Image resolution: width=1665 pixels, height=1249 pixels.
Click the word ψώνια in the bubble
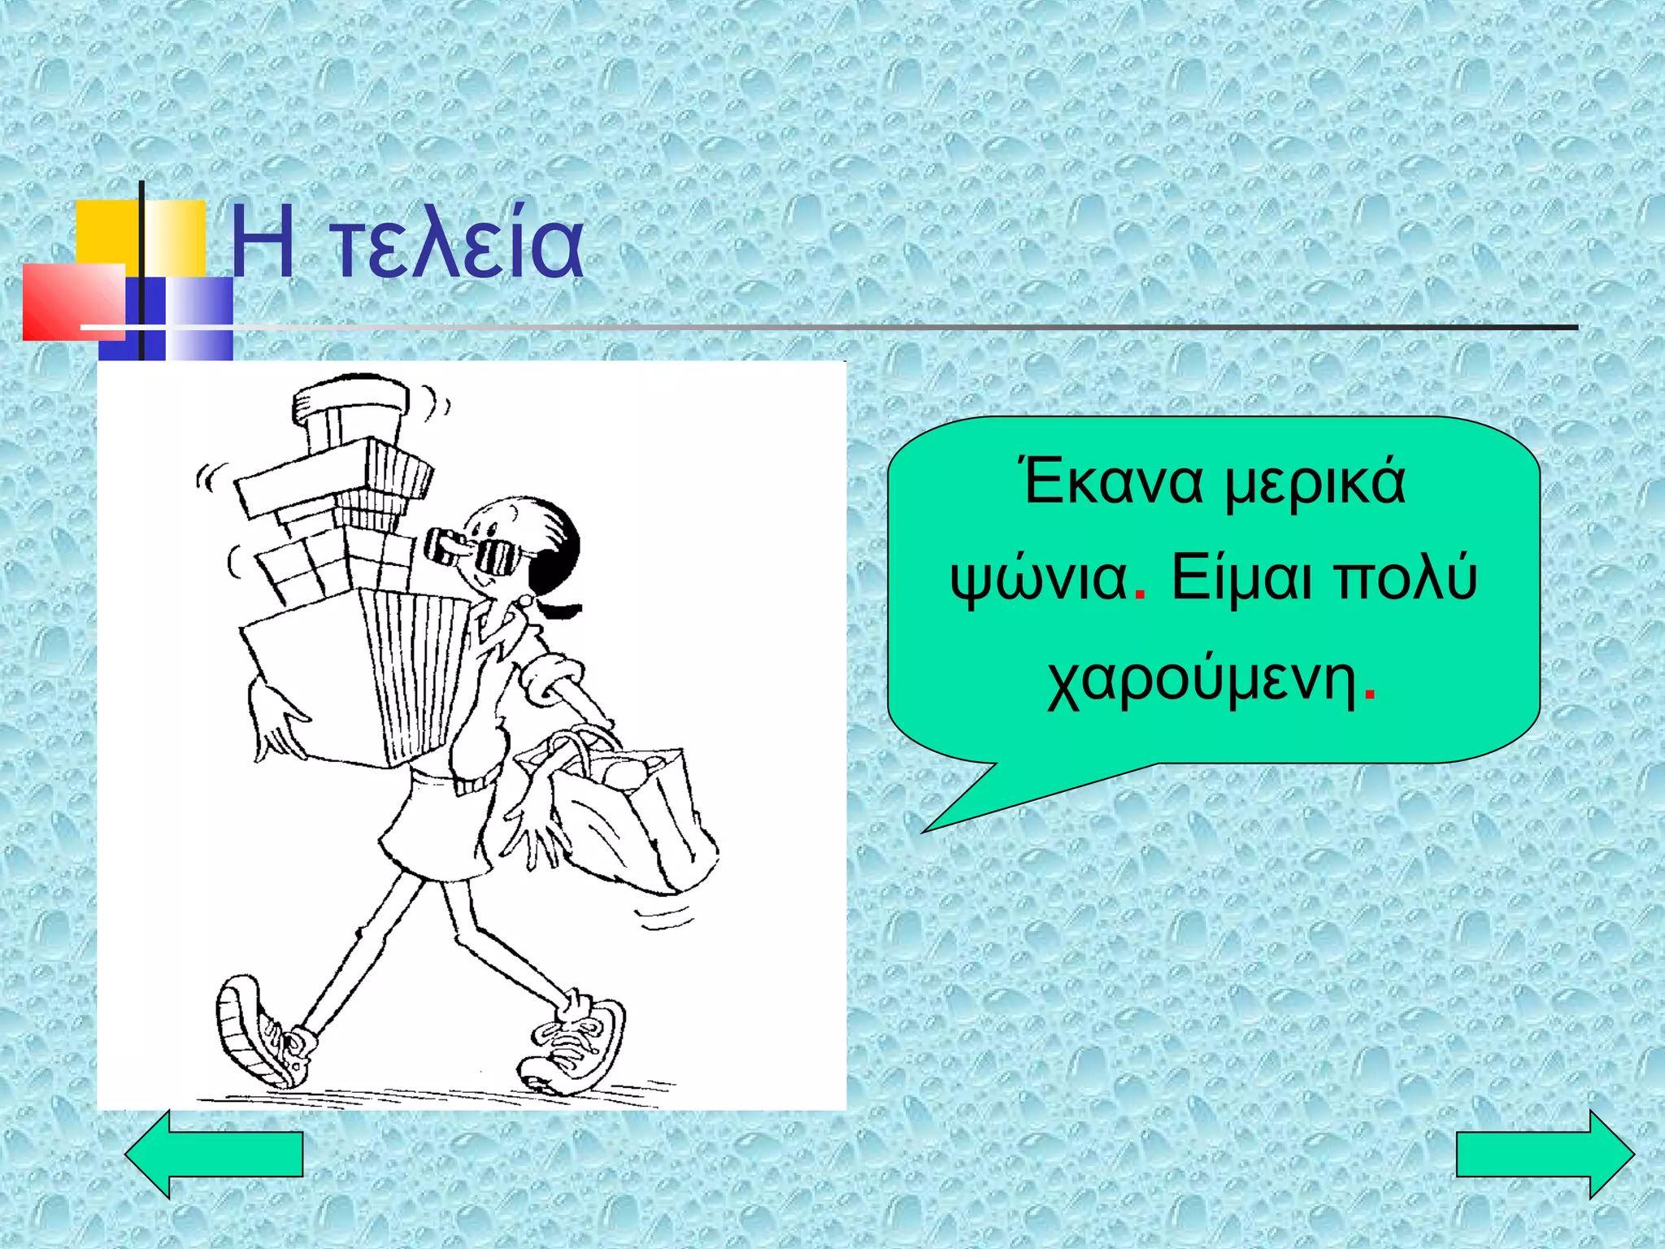pos(1038,579)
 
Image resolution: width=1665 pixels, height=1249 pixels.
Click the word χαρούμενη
pos(1201,681)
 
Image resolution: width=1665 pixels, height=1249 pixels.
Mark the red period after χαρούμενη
pos(1370,697)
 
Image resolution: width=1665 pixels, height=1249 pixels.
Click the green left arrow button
pos(214,1154)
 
